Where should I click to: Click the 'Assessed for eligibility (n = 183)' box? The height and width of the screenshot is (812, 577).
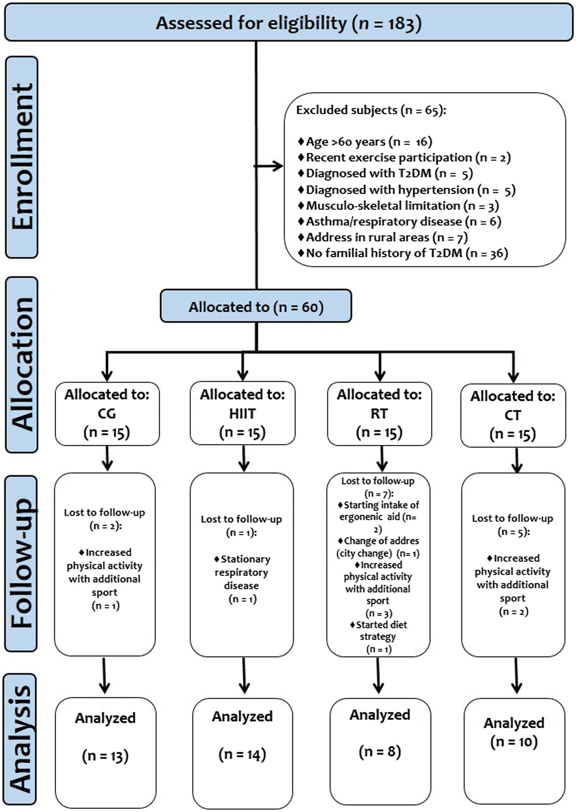[288, 22]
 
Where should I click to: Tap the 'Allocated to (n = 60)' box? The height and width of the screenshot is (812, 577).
[256, 306]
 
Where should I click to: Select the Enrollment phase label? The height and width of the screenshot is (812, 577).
[22, 157]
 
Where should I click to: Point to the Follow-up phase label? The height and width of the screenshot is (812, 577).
[21, 564]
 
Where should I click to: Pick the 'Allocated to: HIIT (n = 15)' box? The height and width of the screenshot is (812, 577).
[243, 413]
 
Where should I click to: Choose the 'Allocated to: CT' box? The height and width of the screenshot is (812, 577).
[513, 415]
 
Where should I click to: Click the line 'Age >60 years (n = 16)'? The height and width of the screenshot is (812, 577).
[365, 142]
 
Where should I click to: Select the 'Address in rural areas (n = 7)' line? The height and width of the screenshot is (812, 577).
[383, 237]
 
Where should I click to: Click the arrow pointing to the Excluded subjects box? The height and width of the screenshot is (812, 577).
[269, 166]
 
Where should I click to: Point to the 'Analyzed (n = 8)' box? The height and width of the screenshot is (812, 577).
[380, 751]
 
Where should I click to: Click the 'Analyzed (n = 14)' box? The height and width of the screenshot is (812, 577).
[243, 753]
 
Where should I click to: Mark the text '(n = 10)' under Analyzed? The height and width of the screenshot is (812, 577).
[514, 742]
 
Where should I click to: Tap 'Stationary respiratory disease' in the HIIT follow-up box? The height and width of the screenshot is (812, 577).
[242, 572]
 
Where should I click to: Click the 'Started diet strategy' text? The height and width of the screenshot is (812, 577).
[378, 630]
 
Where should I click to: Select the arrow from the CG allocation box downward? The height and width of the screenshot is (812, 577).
[107, 458]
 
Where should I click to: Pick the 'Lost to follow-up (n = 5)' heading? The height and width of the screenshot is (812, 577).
[513, 525]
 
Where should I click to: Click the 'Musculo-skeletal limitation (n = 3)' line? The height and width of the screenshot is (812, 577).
[398, 206]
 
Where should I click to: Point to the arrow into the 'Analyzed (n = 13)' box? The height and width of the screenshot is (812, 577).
[104, 675]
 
